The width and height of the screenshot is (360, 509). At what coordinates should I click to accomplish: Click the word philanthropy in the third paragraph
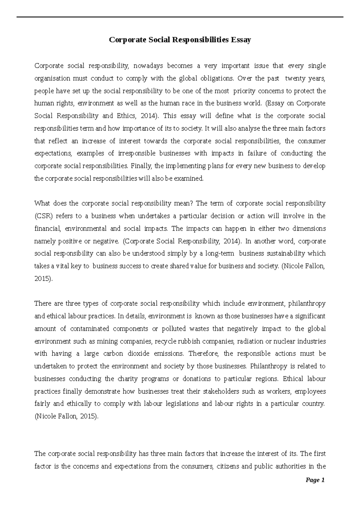(x=307, y=304)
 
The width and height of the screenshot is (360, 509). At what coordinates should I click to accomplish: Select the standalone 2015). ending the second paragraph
(x=43, y=279)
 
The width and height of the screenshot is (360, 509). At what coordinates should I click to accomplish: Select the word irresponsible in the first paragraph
(x=136, y=153)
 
